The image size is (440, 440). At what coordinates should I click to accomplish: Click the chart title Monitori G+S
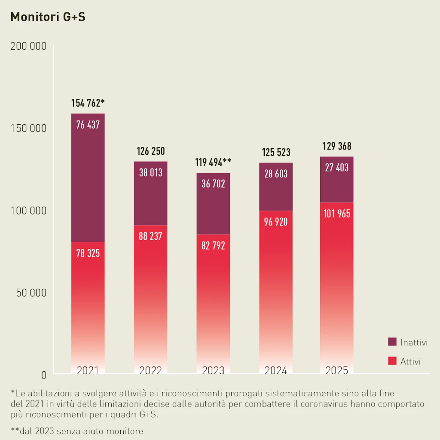(x=48, y=17)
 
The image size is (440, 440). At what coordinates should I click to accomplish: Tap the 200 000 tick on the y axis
(x=28, y=46)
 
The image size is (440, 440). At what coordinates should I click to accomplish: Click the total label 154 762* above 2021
(x=88, y=103)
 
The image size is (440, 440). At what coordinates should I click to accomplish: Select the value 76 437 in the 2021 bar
(x=88, y=125)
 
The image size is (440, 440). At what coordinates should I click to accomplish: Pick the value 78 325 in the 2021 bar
(x=88, y=253)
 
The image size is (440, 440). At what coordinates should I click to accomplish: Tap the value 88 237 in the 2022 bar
(x=150, y=236)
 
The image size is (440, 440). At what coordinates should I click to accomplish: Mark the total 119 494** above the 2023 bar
(x=213, y=162)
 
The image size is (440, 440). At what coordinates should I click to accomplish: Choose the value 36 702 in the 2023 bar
(x=213, y=184)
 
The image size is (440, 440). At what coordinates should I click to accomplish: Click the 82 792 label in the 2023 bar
(x=213, y=246)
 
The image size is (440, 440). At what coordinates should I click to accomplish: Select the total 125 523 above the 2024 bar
(x=276, y=152)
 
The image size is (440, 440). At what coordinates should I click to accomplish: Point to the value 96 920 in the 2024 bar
(x=276, y=222)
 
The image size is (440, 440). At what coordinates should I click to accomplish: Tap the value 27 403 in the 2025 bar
(x=336, y=168)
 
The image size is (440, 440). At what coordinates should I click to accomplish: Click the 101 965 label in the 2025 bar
(x=336, y=213)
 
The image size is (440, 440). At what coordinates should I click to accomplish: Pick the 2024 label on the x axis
(x=276, y=371)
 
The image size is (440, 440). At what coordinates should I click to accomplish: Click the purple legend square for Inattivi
(x=392, y=342)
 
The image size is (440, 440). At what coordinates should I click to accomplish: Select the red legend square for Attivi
(x=392, y=361)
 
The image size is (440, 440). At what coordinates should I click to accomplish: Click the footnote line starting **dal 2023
(x=77, y=431)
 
